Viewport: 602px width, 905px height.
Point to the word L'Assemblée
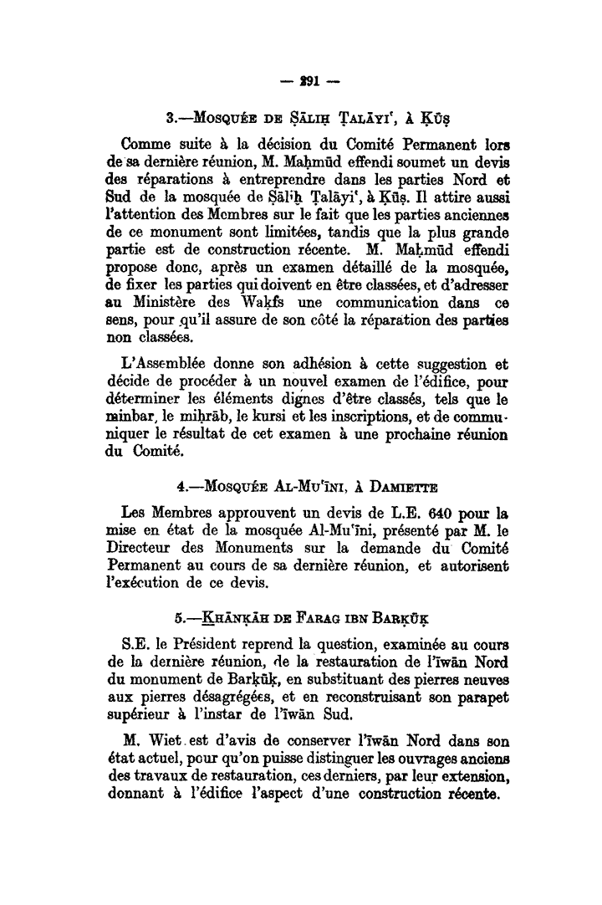[x=162, y=366]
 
